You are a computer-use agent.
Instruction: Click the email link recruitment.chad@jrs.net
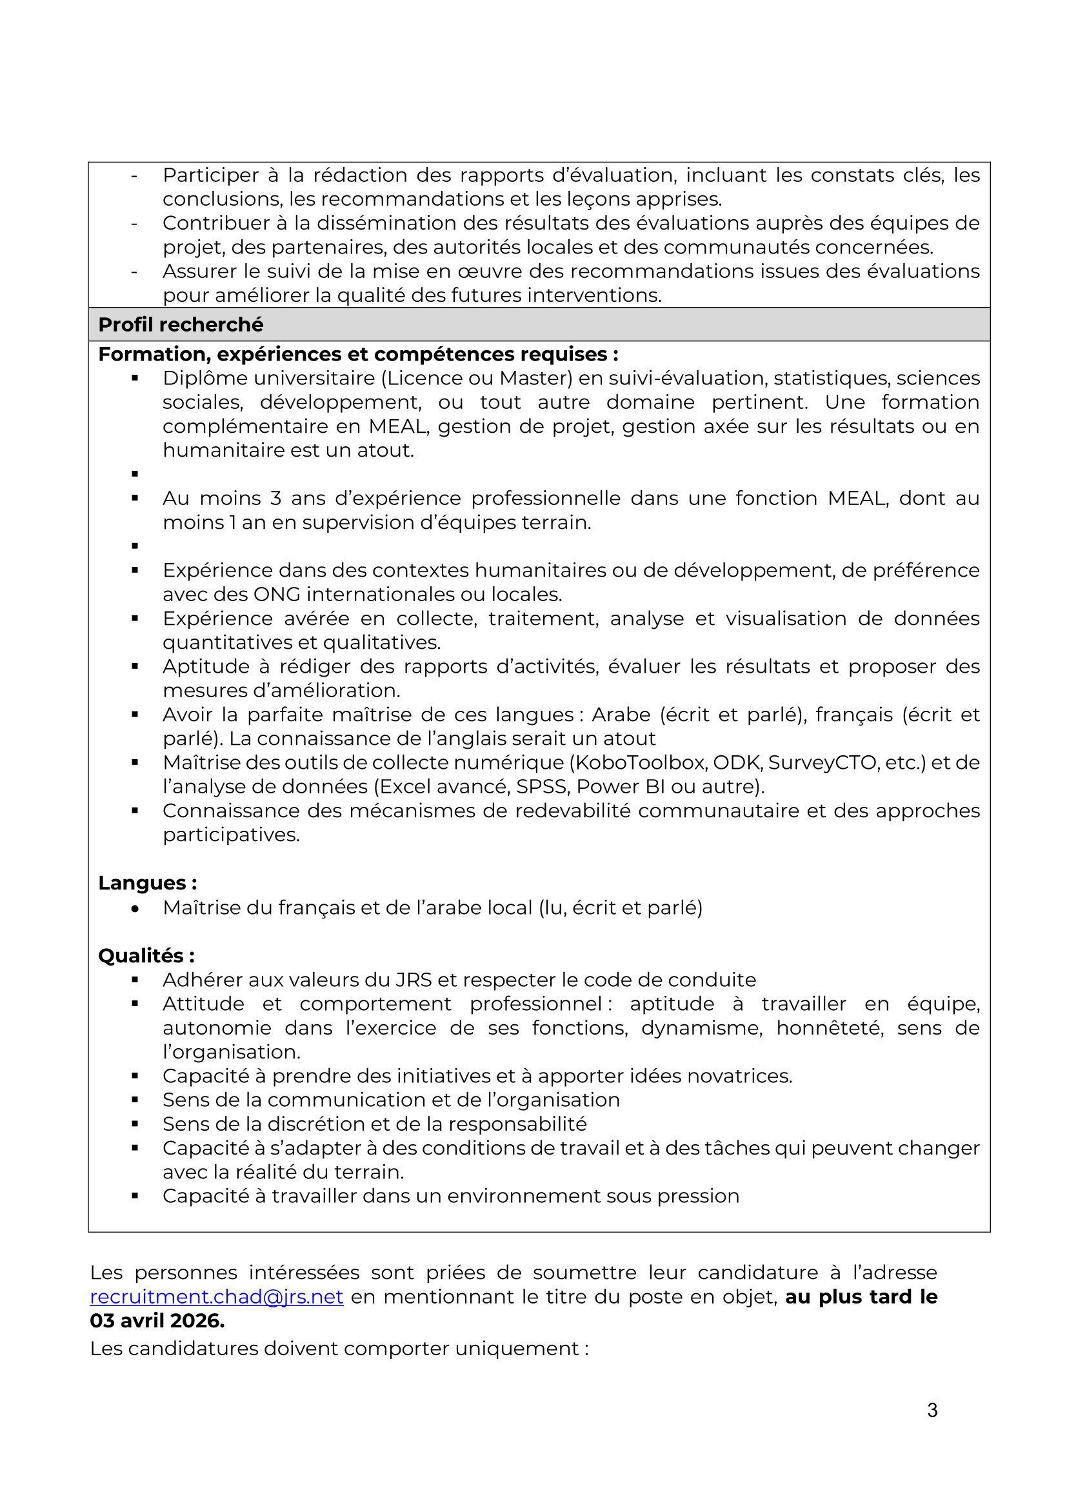click(x=216, y=1297)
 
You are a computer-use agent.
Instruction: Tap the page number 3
click(x=932, y=1410)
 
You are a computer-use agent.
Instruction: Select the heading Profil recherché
click(x=181, y=324)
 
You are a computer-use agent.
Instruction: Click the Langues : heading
click(x=147, y=883)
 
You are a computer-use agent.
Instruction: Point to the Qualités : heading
click(x=146, y=955)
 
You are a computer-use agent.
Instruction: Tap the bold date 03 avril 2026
click(x=157, y=1320)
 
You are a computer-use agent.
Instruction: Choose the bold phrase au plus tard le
click(x=861, y=1296)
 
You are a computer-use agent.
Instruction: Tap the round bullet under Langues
click(x=135, y=908)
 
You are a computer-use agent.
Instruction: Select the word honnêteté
click(x=830, y=1027)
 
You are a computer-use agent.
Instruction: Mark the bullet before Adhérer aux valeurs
click(x=135, y=980)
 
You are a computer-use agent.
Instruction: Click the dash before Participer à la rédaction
click(x=135, y=175)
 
